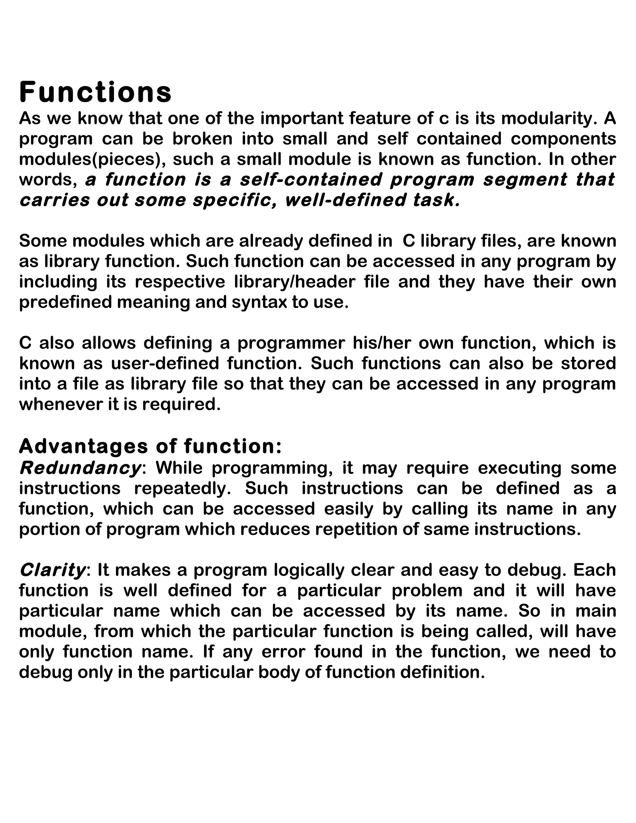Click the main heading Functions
coord(95,92)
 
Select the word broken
coord(203,139)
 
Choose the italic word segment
coord(525,180)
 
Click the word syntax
coord(259,302)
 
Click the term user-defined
coord(165,364)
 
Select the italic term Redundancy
coord(80,468)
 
